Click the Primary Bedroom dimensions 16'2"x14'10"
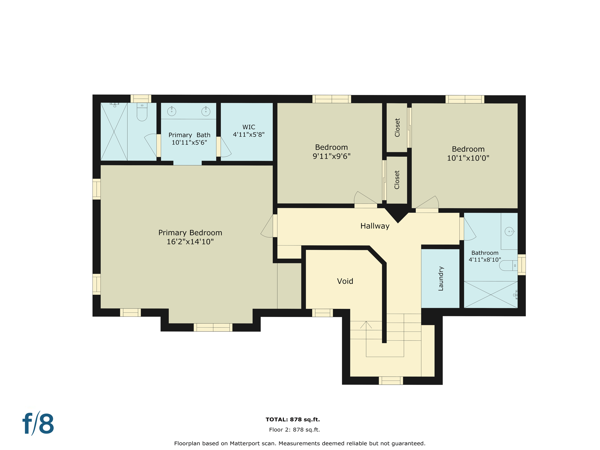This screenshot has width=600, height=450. point(190,242)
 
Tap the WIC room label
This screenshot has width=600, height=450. point(248,127)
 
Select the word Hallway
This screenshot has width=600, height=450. point(375,226)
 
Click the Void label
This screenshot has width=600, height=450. point(345,281)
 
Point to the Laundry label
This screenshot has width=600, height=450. point(441,278)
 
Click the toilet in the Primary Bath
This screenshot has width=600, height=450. point(142,112)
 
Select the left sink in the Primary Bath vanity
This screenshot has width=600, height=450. point(172,111)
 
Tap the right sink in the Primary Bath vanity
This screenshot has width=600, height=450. point(206,111)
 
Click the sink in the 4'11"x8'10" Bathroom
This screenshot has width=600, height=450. point(509,231)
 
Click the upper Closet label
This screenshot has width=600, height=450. point(397,127)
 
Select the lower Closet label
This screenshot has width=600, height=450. point(397,180)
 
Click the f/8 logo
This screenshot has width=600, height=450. point(38,424)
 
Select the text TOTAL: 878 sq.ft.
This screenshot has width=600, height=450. point(292,419)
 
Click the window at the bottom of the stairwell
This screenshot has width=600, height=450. point(391,381)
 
